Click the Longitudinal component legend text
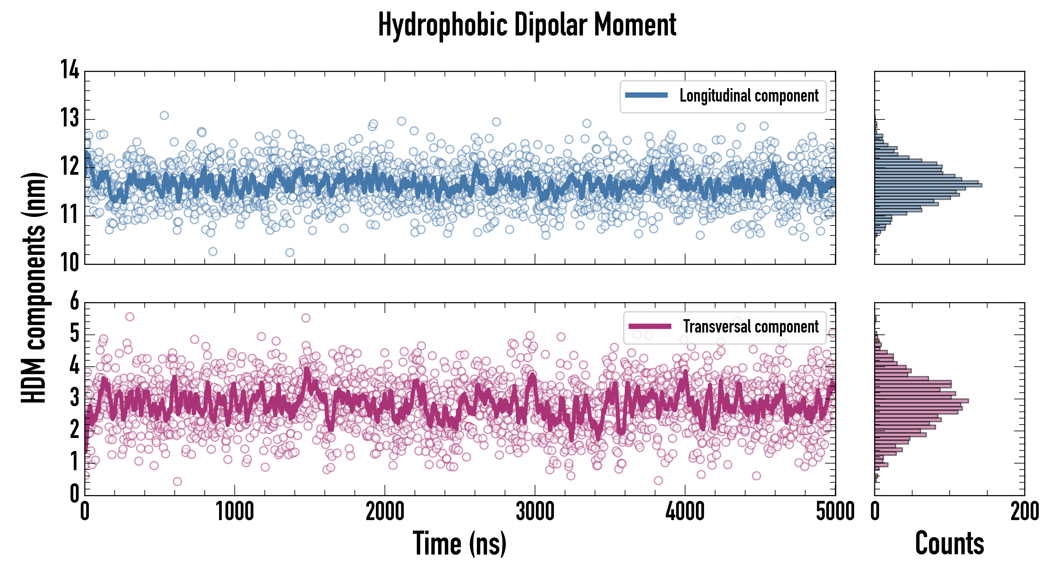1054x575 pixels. coord(749,96)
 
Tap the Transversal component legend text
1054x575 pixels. coord(751,326)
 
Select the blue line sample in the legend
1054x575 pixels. coord(646,96)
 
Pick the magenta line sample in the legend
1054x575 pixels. coord(650,326)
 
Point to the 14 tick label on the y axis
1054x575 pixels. coord(70,70)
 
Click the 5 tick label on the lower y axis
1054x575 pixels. coord(74,333)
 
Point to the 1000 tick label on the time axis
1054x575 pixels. coord(234,511)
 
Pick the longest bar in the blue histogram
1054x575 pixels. coord(928,185)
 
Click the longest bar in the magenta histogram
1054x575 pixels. coord(921,400)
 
